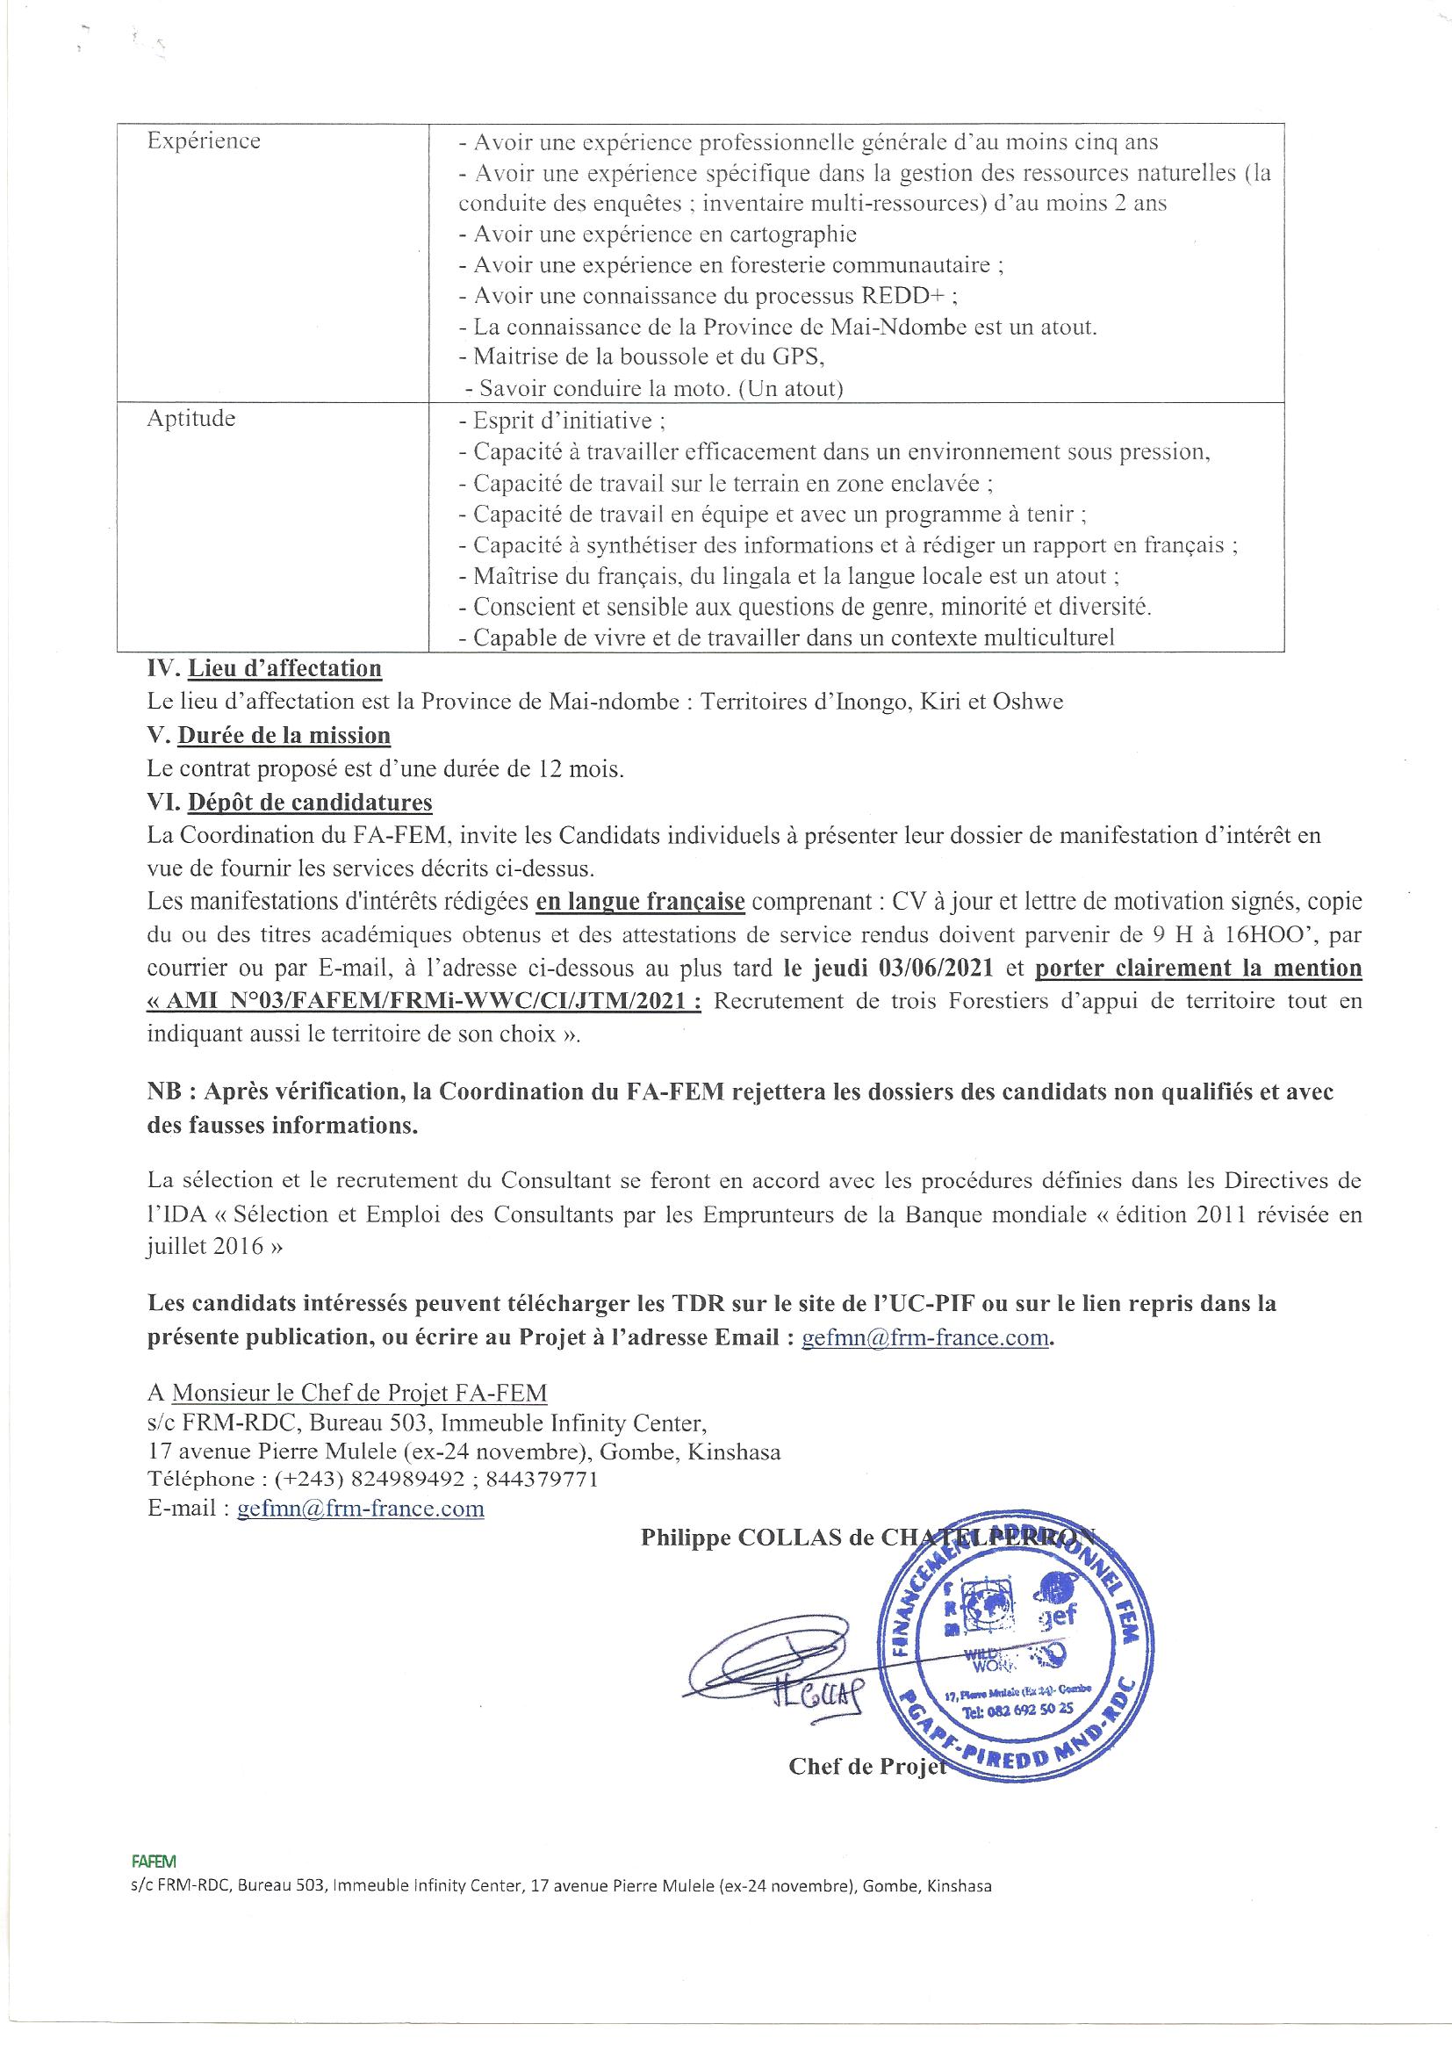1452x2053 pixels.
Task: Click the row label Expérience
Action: click(204, 141)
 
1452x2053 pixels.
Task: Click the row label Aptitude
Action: click(191, 419)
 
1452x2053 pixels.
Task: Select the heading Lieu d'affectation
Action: click(284, 668)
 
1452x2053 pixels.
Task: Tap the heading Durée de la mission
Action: click(284, 735)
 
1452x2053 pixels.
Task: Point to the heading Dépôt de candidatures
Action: click(309, 802)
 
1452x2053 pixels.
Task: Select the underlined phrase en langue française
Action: click(640, 901)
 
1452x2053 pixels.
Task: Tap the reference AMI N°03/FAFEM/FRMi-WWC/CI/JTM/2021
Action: click(425, 1001)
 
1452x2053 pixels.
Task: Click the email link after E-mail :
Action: click(360, 1509)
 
